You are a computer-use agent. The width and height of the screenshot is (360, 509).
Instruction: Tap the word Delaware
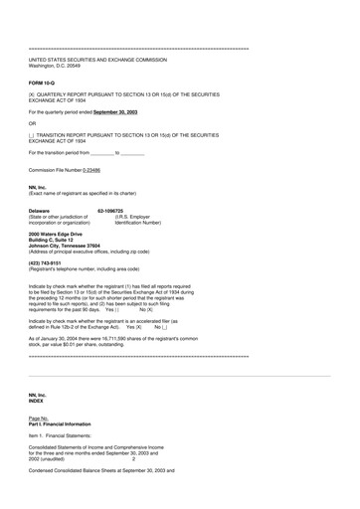[x=40, y=211]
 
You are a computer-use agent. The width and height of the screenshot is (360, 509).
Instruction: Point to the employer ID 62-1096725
[x=114, y=211]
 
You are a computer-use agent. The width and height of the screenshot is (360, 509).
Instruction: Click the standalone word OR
[x=33, y=123]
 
